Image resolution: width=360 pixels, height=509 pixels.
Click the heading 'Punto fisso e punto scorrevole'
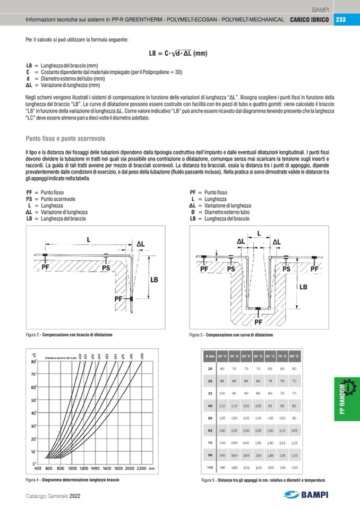(65, 139)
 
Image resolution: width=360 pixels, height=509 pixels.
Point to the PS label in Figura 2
(106, 268)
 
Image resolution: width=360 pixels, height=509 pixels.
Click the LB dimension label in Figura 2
(154, 279)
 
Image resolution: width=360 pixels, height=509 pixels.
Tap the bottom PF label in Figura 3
(259, 322)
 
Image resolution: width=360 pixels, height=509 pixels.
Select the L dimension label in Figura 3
(259, 233)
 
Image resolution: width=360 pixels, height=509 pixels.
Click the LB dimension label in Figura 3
(303, 287)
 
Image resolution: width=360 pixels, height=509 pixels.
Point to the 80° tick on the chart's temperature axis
(33, 361)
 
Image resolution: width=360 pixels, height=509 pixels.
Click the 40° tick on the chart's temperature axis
(33, 413)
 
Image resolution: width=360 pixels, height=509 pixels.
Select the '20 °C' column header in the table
(222, 356)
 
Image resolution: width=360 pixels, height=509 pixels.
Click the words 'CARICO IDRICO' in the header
(310, 20)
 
